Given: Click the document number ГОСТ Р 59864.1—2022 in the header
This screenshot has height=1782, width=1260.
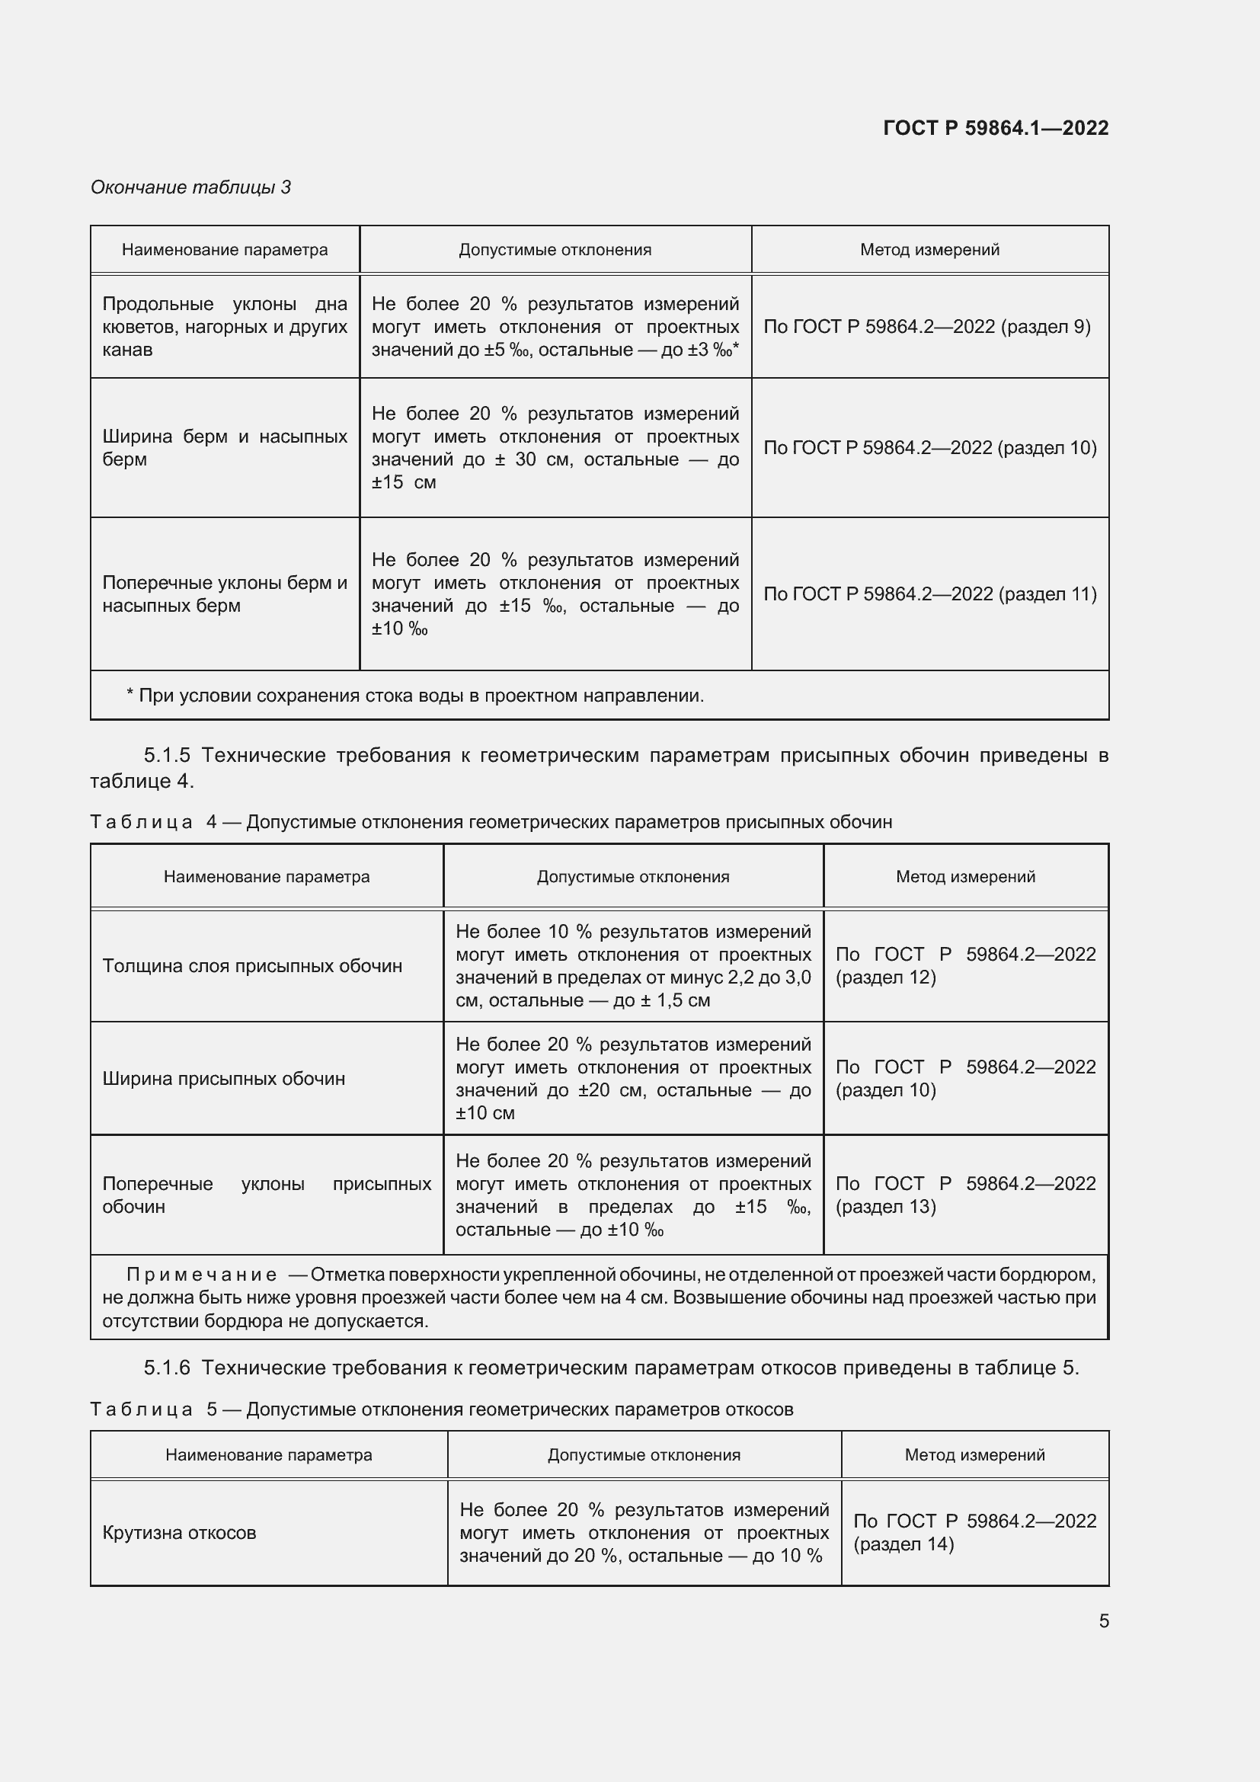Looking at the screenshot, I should (996, 128).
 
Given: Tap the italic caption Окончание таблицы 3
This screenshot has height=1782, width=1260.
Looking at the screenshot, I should (190, 187).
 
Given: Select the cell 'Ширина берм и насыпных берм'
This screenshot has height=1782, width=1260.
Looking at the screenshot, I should (224, 448).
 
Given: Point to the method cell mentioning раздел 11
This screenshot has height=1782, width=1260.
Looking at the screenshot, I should (929, 593).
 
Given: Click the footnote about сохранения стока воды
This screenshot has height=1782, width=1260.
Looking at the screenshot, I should (415, 696).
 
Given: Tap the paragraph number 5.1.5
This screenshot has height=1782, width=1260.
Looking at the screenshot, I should (167, 755).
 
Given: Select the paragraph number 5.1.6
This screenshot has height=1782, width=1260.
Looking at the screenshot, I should (167, 1368).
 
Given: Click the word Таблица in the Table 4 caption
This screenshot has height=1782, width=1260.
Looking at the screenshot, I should (141, 822).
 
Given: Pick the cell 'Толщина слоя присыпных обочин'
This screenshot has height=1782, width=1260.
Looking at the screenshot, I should (252, 966).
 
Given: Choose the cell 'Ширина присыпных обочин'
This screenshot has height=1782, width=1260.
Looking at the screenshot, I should (223, 1079).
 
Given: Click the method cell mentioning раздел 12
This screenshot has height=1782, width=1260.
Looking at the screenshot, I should (965, 965).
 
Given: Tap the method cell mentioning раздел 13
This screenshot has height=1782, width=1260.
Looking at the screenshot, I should (965, 1195).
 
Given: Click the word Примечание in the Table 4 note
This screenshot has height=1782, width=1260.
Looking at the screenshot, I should (202, 1275).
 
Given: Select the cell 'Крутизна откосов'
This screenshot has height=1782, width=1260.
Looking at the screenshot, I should (179, 1533).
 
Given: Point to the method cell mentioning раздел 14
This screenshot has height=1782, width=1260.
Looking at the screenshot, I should (974, 1532).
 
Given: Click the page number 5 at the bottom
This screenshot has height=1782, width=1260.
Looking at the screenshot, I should (1104, 1621).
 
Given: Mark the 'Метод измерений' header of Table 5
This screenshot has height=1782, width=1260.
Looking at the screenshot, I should (974, 1455).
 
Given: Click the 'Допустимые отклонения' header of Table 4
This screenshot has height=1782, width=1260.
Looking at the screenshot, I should (633, 877).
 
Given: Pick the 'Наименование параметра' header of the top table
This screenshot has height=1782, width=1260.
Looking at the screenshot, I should (224, 250).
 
